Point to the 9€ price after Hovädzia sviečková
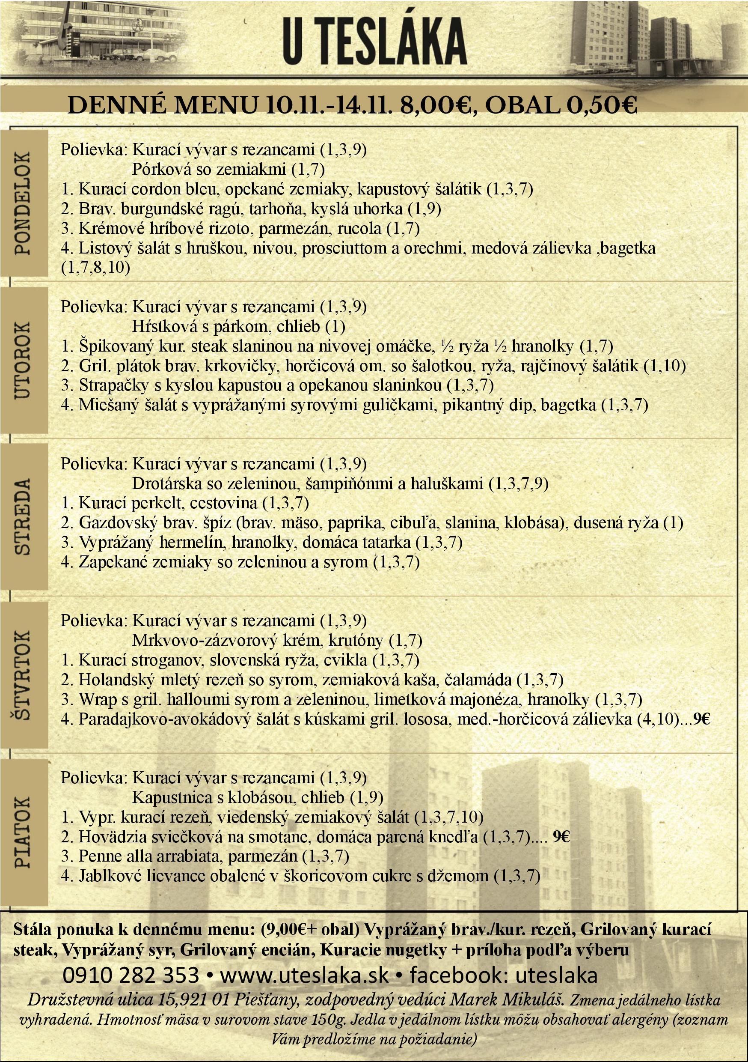[x=561, y=836]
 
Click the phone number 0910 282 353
[x=131, y=975]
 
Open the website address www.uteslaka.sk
[x=305, y=975]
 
